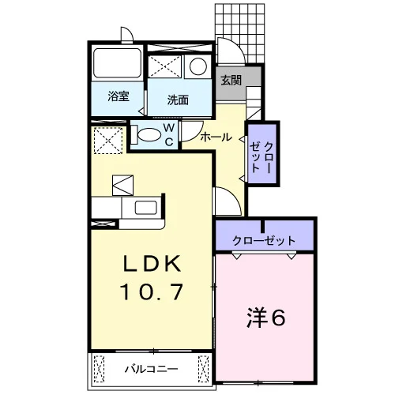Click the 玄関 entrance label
coord(231,81)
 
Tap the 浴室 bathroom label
coord(118,96)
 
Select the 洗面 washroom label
coord(178,100)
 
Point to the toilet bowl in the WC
coord(149,135)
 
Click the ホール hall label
coord(216,137)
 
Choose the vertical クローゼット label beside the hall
coord(261,157)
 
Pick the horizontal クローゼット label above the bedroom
coord(264,240)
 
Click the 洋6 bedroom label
coord(266,318)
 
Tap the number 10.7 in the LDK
coord(152,292)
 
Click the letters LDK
coord(152,263)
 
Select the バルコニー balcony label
coord(151,369)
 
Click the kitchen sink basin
coord(146,208)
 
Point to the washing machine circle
coord(198,66)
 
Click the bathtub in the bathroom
coord(117,63)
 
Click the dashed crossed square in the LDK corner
coord(108,141)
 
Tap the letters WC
coord(169,135)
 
